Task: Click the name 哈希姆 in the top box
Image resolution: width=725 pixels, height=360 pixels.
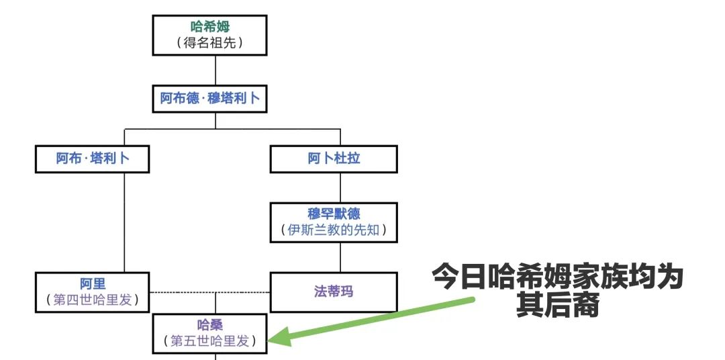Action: pyautogui.click(x=210, y=26)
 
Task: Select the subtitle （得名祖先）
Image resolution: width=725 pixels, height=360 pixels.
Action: pyautogui.click(x=210, y=43)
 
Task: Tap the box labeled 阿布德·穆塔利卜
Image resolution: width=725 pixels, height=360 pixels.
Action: pyautogui.click(x=210, y=99)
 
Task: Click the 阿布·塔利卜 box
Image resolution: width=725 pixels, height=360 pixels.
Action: pyautogui.click(x=93, y=159)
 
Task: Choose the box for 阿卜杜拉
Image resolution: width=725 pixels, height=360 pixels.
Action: pyautogui.click(x=334, y=159)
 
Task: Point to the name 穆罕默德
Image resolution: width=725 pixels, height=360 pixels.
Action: pyautogui.click(x=334, y=214)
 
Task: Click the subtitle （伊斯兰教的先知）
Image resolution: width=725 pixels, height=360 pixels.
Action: pyautogui.click(x=334, y=230)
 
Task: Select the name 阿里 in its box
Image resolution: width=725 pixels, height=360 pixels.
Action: pyautogui.click(x=93, y=283)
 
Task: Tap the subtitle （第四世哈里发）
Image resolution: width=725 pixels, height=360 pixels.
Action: pyautogui.click(x=93, y=300)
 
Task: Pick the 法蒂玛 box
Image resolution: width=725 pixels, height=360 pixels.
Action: pyautogui.click(x=334, y=292)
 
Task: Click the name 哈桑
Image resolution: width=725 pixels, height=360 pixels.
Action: pyautogui.click(x=210, y=324)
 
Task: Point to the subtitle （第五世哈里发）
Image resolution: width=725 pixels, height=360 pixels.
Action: pyautogui.click(x=210, y=341)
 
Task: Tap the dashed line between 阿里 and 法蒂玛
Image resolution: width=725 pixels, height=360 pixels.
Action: pyautogui.click(x=210, y=292)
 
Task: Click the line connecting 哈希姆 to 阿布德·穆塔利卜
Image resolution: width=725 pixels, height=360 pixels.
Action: pyautogui.click(x=215, y=71)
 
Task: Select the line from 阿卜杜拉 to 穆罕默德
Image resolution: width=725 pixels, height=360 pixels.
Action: pyautogui.click(x=341, y=188)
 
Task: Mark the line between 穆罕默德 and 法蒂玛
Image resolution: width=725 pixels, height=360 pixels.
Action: pyautogui.click(x=341, y=257)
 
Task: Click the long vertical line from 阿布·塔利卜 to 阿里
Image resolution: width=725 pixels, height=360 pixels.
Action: pyautogui.click(x=124, y=222)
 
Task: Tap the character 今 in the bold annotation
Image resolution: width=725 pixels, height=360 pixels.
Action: pyautogui.click(x=446, y=277)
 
